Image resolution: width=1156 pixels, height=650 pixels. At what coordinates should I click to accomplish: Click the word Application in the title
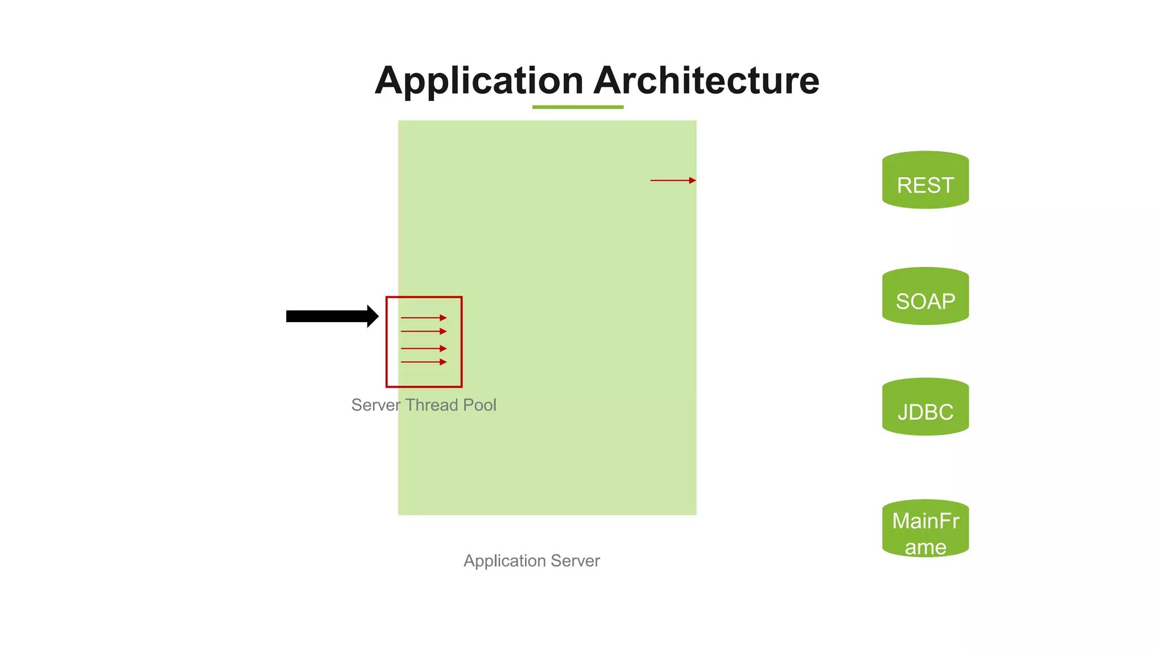click(479, 81)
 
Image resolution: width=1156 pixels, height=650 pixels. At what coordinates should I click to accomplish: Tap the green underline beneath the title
click(577, 107)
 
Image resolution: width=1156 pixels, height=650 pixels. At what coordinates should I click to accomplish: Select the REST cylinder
click(925, 181)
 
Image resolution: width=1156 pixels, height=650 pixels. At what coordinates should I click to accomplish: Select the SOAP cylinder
click(925, 297)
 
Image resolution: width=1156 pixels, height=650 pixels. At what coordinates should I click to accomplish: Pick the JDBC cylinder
click(925, 407)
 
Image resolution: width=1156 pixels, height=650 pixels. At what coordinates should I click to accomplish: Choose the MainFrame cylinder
click(925, 529)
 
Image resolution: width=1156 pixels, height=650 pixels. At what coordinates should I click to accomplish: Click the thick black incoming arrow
click(327, 316)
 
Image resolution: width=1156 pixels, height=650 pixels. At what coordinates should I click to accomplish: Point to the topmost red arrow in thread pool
click(423, 318)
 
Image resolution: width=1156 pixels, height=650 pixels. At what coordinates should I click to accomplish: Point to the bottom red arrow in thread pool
click(423, 362)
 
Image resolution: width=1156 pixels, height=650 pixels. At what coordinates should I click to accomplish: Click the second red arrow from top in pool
click(423, 331)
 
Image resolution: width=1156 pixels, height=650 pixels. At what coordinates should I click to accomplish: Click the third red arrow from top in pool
click(423, 348)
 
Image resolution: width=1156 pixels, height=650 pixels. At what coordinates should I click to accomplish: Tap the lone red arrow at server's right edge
click(673, 181)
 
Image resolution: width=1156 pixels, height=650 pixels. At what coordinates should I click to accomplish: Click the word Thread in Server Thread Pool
click(431, 405)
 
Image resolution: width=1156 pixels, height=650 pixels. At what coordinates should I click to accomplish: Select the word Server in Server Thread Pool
click(375, 405)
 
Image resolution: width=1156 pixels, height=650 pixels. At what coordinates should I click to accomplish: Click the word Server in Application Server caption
click(575, 561)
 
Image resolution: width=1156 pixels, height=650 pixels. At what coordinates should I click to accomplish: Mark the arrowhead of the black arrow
click(373, 316)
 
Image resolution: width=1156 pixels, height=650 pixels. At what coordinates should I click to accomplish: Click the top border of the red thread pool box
click(424, 297)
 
